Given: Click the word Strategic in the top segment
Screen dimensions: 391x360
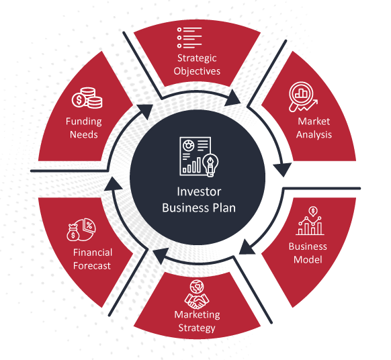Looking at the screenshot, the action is [197, 58].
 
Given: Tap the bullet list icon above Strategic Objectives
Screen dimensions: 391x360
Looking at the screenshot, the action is [189, 38].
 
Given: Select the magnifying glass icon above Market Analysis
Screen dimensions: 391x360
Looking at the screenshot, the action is [303, 97].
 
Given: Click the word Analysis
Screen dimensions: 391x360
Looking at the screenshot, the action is [314, 135].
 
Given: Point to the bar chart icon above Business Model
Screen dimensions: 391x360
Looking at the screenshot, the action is [310, 221].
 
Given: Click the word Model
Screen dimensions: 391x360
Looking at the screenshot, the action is [308, 259].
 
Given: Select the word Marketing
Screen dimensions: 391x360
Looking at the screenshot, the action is [197, 314].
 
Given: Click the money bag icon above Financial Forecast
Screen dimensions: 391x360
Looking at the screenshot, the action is [73, 232].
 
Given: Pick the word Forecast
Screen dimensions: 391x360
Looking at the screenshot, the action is [92, 266].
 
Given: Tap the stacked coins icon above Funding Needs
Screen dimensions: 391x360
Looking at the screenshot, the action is [87, 98].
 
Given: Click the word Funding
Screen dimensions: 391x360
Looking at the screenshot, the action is [84, 122].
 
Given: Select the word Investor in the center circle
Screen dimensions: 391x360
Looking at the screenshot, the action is [199, 191].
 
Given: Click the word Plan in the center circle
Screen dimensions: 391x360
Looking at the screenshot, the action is [224, 208].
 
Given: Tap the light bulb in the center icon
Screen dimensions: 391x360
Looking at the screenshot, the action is [210, 165].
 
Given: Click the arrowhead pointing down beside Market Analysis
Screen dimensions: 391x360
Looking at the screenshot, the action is [283, 169].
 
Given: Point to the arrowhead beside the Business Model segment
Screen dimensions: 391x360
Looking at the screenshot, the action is [247, 248].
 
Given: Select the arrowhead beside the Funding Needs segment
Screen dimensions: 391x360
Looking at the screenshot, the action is [144, 111].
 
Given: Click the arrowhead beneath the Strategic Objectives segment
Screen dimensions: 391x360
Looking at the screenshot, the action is [232, 98].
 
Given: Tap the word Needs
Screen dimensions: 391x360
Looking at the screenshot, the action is [84, 134].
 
